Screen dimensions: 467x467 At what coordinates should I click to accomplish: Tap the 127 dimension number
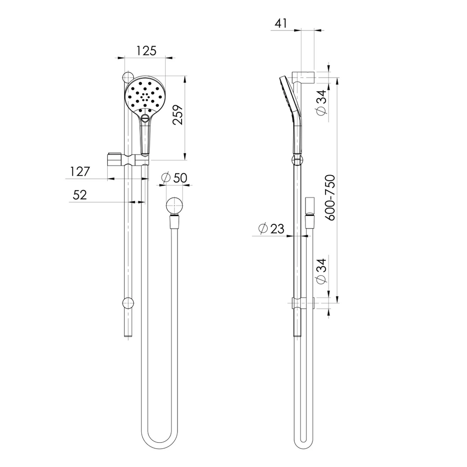coord(80,171)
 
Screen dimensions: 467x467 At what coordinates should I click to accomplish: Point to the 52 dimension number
coord(80,195)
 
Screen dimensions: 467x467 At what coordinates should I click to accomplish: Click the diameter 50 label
coord(175,177)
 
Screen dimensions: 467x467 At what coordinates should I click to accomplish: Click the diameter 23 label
coord(271,228)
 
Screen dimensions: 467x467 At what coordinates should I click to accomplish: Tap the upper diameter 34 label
coord(321,102)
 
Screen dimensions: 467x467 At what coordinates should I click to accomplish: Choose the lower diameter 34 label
coord(321,271)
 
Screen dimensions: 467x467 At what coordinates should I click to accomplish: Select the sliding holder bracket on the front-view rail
coord(128,161)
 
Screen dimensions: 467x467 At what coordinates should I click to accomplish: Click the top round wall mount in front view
coord(128,76)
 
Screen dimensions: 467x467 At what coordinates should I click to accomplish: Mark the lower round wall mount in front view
coord(128,303)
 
